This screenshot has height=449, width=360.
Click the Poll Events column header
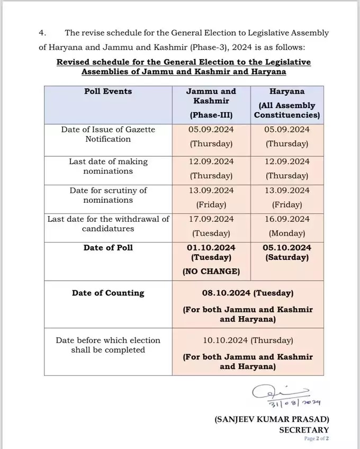coord(108,91)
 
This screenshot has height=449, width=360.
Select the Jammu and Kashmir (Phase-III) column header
coord(211,103)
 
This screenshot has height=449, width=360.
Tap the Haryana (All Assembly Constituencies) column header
coord(286,103)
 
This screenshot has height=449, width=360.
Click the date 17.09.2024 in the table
coord(211,219)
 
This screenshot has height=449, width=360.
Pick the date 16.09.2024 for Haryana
coord(286,219)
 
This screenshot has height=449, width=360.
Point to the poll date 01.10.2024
coord(211,248)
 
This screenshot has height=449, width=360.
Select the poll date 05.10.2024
coord(286,248)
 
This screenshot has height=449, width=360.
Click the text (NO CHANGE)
coord(211,272)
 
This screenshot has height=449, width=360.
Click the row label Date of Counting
coord(108,293)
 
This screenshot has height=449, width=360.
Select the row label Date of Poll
coord(108,248)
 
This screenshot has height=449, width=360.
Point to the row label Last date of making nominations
coord(108,166)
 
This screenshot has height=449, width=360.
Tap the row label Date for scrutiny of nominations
coord(108,195)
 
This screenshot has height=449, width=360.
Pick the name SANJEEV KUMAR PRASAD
coord(272,418)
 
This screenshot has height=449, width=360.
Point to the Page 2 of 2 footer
coord(316,439)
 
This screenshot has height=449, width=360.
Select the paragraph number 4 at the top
coord(42,33)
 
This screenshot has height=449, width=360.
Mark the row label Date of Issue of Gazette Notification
coord(108,134)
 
